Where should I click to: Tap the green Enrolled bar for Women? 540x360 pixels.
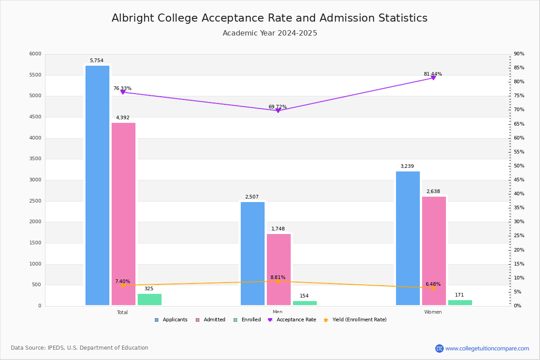click(460, 303)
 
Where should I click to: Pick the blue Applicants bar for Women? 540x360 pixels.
click(408, 238)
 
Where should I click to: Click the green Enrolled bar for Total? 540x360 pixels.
click(149, 300)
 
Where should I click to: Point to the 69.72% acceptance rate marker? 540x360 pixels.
click(278, 110)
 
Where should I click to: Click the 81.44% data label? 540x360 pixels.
click(432, 74)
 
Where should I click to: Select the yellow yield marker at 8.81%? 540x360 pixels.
click(278, 281)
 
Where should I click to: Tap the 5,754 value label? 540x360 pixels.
click(96, 61)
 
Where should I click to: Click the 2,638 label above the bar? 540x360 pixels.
click(433, 192)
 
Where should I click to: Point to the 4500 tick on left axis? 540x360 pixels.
click(35, 117)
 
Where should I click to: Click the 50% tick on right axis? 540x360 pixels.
click(519, 166)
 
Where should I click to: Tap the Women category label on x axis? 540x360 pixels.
click(432, 312)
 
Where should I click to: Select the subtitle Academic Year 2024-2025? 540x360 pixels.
click(270, 33)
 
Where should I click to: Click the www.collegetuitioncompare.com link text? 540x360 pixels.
click(487, 348)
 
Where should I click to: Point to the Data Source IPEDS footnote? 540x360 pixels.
click(80, 348)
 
